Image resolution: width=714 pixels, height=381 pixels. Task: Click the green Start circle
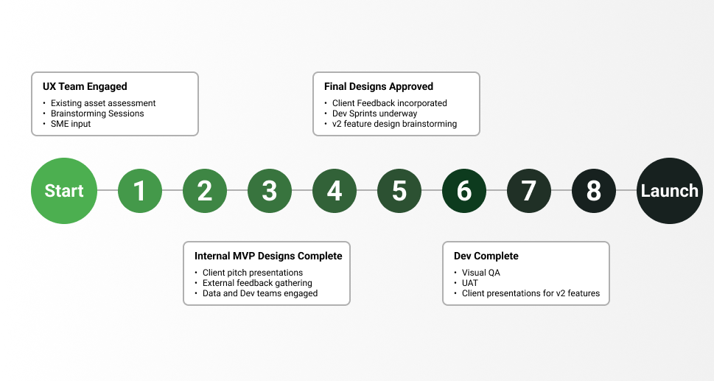64,191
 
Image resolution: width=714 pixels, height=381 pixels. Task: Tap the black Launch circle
669,191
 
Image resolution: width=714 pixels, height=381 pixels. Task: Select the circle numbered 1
140,191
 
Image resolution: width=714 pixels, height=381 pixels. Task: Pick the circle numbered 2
205,191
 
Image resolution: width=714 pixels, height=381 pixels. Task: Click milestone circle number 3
270,191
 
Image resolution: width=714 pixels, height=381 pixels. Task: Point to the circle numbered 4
335,191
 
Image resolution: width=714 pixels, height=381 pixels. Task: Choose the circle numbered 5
399,191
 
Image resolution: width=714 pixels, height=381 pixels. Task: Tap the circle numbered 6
464,191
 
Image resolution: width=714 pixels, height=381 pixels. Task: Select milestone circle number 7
529,191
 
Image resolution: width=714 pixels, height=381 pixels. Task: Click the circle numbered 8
594,191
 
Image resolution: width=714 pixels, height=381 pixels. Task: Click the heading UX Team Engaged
85,86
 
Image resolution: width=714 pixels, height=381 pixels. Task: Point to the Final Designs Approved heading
378,86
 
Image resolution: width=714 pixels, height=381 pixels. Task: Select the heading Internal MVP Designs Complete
268,256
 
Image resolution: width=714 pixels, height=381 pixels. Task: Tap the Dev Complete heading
486,256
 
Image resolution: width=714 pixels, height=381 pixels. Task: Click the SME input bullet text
71,124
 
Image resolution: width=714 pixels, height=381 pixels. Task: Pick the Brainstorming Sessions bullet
97,113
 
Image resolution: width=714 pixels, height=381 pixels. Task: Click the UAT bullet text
470,283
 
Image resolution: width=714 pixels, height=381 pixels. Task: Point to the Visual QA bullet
480,273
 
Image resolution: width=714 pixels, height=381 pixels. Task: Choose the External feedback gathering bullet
257,283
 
